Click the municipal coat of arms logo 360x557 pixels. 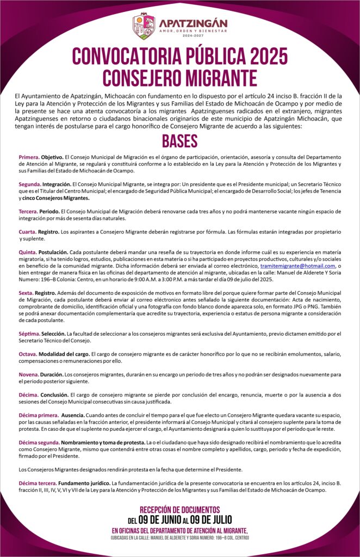pyautogui.click(x=144, y=26)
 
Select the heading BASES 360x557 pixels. pyautogui.click(x=179, y=141)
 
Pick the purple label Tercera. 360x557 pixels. pyautogui.click(x=29, y=211)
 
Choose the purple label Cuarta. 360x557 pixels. pyautogui.click(x=28, y=232)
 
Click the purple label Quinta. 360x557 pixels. pyautogui.click(x=28, y=252)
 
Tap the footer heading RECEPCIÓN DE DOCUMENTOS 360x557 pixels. pyautogui.click(x=179, y=510)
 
